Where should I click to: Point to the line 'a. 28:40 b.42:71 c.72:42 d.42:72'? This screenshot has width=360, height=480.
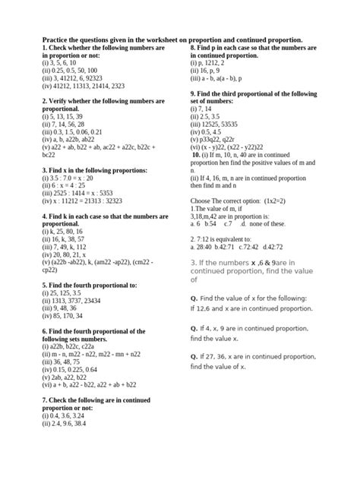click(235, 245)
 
